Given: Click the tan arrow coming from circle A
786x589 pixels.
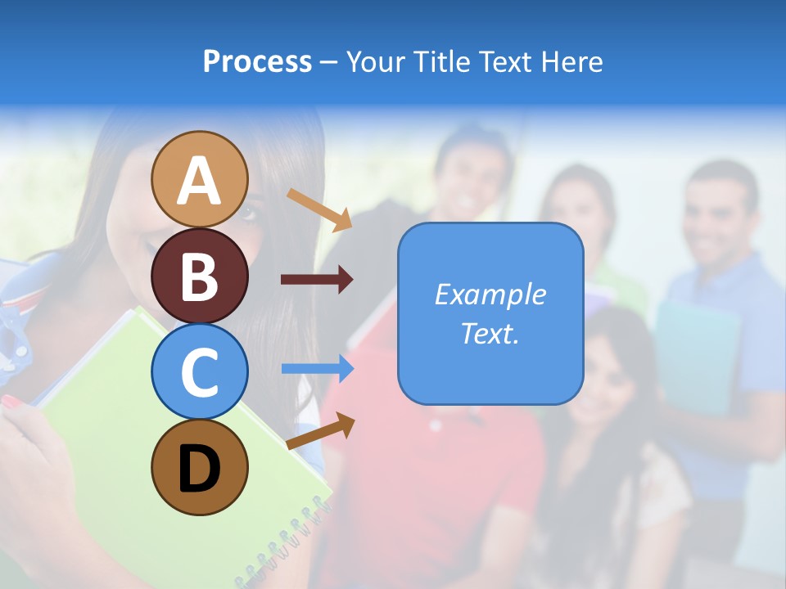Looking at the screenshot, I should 319,209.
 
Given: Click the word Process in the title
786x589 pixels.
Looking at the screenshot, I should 257,62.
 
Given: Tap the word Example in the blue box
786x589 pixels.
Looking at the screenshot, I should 490,294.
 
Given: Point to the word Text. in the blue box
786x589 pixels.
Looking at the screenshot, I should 490,333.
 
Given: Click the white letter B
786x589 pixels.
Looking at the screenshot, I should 199,276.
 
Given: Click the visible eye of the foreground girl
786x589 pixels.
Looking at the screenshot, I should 248,214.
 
